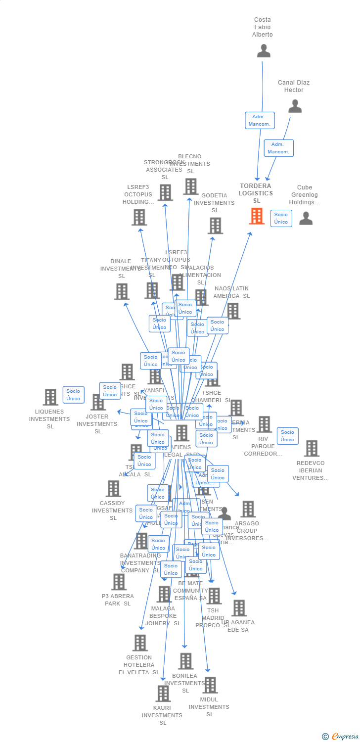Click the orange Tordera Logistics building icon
point(257,216)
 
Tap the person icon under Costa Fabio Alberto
point(264,51)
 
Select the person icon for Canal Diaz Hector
point(295,106)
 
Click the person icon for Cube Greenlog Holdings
point(306,218)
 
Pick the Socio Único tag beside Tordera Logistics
point(281,218)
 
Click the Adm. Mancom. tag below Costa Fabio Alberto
point(260,120)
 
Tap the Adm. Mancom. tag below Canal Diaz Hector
point(278,148)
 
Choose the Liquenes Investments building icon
point(50,397)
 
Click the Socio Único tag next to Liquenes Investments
point(73,395)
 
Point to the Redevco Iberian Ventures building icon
point(312,448)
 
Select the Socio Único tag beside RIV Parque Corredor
point(287,436)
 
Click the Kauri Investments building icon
point(163,694)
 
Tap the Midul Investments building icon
point(210,685)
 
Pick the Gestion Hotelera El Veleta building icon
point(140,643)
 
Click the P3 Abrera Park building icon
point(119,582)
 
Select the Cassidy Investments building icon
point(113,489)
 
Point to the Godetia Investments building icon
point(215,226)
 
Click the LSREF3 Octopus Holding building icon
point(139,217)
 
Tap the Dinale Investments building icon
point(122,291)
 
